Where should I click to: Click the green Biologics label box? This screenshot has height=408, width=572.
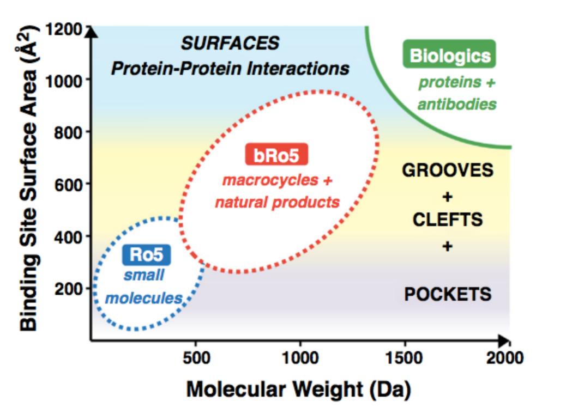pyautogui.click(x=449, y=54)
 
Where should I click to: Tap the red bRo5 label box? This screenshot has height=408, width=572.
pyautogui.click(x=276, y=155)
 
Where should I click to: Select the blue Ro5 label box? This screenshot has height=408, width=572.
pyautogui.click(x=146, y=254)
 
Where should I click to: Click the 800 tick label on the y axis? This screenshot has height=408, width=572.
pyautogui.click(x=68, y=132)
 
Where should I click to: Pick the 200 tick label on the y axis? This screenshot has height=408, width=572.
pyautogui.click(x=68, y=289)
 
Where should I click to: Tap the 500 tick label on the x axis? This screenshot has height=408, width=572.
pyautogui.click(x=196, y=358)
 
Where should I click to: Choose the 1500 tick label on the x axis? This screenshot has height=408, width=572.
pyautogui.click(x=404, y=358)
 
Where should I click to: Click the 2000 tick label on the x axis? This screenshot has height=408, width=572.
pyautogui.click(x=505, y=358)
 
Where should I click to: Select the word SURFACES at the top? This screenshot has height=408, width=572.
pyautogui.click(x=230, y=44)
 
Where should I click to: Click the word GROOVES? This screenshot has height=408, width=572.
pyautogui.click(x=448, y=170)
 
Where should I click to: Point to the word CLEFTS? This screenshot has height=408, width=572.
pyautogui.click(x=448, y=220)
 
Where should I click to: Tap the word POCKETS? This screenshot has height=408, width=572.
pyautogui.click(x=448, y=294)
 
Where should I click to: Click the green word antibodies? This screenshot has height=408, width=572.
pyautogui.click(x=457, y=104)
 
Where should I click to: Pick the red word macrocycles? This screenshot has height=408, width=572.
pyautogui.click(x=270, y=180)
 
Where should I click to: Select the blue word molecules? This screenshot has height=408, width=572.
pyautogui.click(x=144, y=299)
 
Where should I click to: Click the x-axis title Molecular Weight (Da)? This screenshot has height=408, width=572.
pyautogui.click(x=298, y=389)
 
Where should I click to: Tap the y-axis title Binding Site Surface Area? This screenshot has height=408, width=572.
pyautogui.click(x=29, y=179)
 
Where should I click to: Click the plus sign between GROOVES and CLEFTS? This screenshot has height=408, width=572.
pyautogui.click(x=447, y=197)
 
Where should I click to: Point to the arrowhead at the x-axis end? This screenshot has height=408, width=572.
pyautogui.click(x=504, y=340)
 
